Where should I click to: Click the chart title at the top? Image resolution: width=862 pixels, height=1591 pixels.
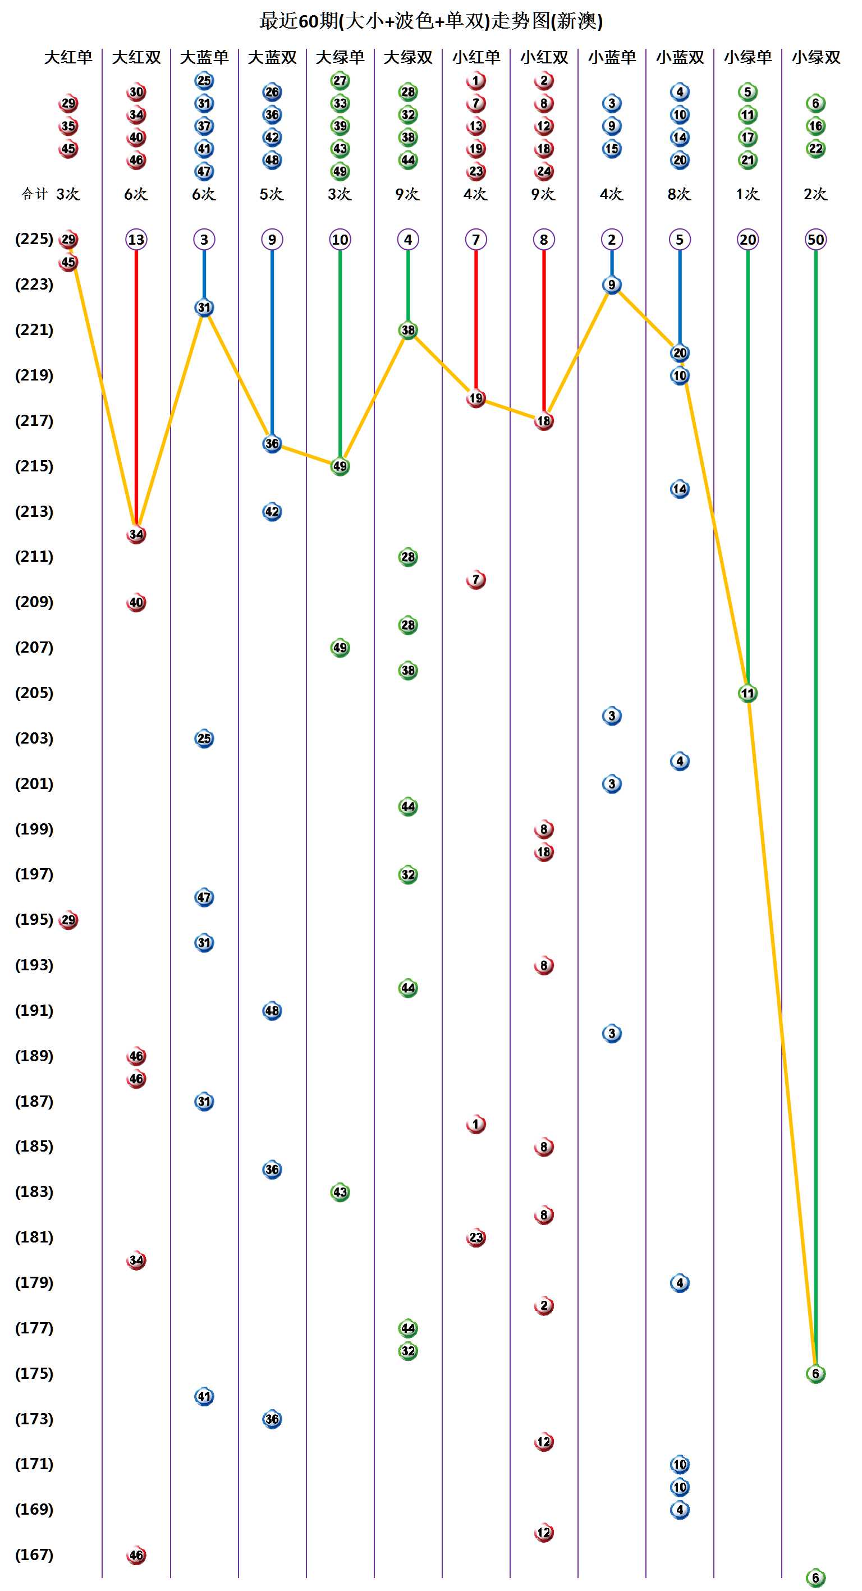tap(430, 21)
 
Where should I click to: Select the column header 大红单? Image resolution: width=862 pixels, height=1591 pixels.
tap(68, 57)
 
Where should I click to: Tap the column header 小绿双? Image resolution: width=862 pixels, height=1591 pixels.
tap(815, 57)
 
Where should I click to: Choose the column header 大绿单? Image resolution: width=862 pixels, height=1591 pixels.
tap(340, 57)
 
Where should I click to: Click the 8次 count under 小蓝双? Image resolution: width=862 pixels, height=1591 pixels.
tap(679, 194)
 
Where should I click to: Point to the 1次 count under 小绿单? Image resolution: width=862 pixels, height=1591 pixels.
tap(747, 194)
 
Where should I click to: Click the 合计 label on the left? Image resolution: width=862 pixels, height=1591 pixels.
tap(35, 194)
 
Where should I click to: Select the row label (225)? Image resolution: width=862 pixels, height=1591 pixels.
tap(34, 239)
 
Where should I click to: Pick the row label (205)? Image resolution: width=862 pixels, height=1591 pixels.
tap(34, 693)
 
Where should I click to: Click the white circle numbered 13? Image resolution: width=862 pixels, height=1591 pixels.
tap(136, 240)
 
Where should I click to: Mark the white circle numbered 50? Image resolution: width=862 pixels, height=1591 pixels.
tap(815, 240)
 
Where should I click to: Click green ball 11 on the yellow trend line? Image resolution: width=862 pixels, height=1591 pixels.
tap(748, 693)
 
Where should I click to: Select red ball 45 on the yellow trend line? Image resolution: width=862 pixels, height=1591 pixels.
tap(68, 263)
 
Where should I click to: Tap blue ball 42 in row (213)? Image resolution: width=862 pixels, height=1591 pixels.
tap(272, 511)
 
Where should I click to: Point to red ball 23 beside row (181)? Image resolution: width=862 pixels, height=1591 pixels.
tap(475, 1237)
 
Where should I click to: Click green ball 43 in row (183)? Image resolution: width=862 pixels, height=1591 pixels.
tap(340, 1192)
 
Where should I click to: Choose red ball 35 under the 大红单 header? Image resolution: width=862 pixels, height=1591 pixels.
tap(68, 126)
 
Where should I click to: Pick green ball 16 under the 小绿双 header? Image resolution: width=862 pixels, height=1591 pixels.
tap(815, 126)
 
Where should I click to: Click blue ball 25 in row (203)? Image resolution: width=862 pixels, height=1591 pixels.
tap(204, 738)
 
